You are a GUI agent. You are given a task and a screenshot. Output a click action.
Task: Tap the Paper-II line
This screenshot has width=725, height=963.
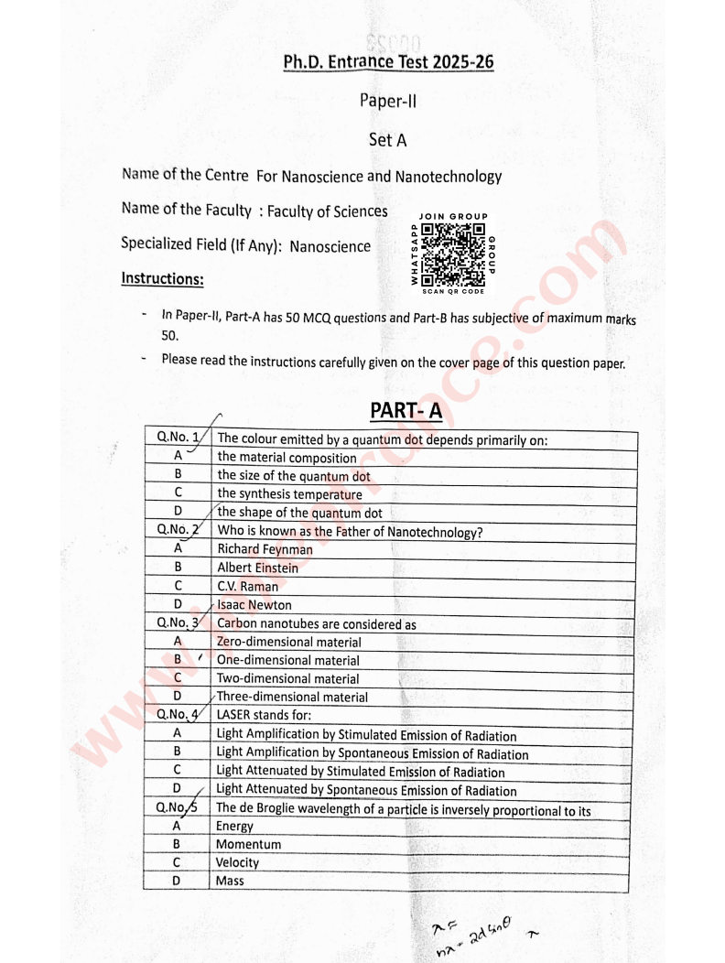[388, 102]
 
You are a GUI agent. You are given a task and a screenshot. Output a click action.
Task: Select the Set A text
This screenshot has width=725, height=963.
[387, 140]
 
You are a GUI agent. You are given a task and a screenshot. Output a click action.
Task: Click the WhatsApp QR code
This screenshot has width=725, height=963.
[454, 254]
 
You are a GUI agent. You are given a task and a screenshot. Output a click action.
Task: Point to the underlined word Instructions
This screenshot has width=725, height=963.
[162, 278]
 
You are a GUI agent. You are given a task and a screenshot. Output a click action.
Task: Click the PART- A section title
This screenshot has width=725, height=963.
[406, 410]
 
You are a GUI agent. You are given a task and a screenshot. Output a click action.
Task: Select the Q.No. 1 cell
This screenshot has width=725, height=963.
[178, 438]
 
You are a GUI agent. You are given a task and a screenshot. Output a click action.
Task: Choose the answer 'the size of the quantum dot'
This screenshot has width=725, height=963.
[293, 476]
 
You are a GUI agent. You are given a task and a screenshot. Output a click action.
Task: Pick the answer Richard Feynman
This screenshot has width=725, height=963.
[265, 549]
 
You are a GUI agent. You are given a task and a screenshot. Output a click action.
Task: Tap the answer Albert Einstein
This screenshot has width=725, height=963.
[257, 568]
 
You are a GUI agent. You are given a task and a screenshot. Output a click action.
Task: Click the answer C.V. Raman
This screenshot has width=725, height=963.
[247, 587]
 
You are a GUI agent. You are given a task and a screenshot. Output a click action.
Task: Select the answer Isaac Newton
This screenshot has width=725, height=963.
[254, 605]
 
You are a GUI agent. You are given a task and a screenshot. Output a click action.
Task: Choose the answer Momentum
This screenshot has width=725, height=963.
[248, 844]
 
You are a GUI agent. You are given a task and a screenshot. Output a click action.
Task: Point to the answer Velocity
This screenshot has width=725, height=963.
[237, 862]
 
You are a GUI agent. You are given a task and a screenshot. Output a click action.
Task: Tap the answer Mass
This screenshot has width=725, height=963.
[230, 881]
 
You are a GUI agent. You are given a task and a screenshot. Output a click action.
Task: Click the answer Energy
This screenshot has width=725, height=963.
[234, 826]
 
